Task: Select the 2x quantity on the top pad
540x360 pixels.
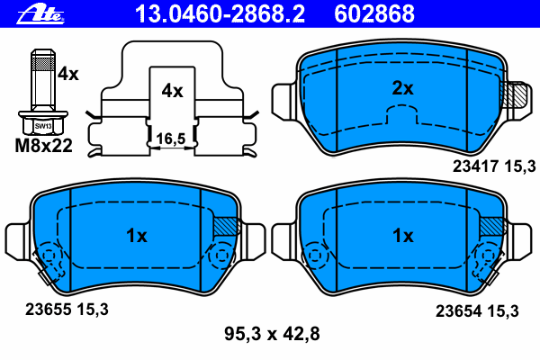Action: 402,88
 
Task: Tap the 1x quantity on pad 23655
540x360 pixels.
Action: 136,236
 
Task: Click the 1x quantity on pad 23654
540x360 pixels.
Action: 402,236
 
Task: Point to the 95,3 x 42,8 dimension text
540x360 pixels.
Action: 271,335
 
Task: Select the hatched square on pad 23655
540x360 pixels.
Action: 225,227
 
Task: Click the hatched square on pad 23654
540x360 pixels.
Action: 491,227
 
